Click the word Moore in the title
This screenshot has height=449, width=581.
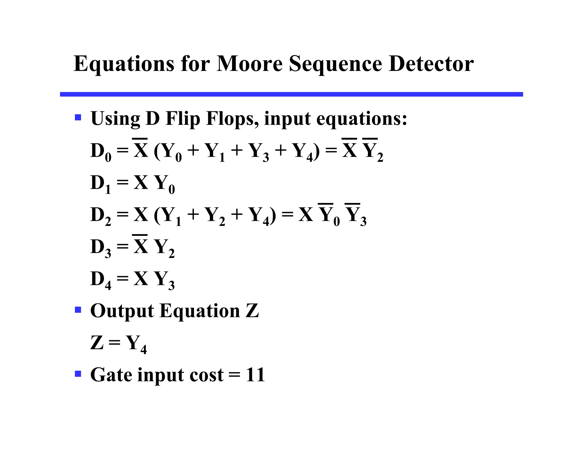249,64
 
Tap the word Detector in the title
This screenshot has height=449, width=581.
431,64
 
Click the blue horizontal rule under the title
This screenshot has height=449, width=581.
291,94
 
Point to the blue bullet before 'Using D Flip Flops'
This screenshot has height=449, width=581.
78,117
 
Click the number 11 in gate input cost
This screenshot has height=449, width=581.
255,375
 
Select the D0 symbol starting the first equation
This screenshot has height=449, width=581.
101,152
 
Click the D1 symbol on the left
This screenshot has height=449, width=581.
101,184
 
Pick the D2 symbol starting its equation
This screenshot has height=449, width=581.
101,216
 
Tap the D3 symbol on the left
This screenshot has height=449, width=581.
101,248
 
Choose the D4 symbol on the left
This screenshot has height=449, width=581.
101,280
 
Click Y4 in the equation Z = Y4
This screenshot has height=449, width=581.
136,344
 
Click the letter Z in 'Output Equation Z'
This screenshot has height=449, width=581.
252,310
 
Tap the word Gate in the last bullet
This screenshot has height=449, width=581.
111,375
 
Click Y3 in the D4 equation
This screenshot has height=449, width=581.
164,280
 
